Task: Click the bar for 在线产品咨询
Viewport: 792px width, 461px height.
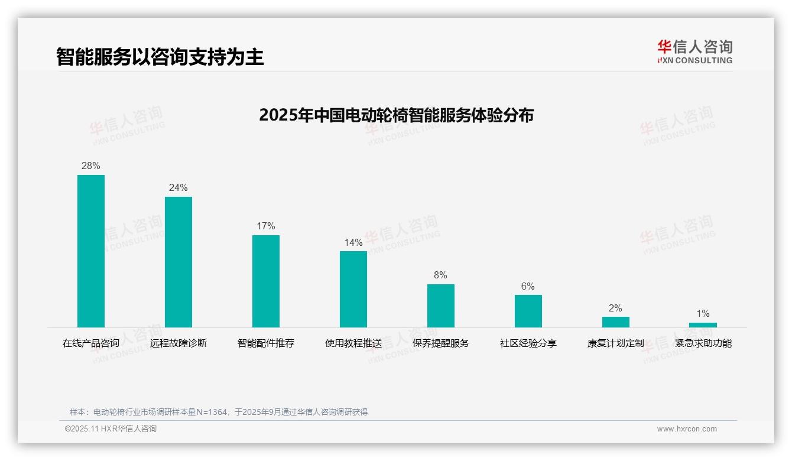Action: point(91,251)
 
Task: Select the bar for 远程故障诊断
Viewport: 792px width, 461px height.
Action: point(178,262)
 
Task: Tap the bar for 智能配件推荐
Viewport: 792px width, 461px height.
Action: point(266,281)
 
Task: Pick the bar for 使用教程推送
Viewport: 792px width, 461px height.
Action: point(353,289)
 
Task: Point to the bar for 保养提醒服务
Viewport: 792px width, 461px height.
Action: point(441,306)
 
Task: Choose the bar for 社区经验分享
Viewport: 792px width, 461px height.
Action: point(528,311)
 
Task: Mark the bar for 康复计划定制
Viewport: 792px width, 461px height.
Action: point(616,322)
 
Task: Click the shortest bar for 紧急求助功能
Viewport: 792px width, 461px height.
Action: point(703,325)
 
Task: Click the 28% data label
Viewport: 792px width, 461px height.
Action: point(91,166)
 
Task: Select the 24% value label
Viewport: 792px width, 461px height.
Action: point(178,188)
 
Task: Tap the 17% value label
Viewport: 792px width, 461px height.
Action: point(266,226)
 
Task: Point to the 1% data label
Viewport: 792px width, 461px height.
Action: point(703,314)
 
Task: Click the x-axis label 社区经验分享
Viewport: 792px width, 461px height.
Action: point(528,343)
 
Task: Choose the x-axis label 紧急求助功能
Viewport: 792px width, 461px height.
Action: point(703,343)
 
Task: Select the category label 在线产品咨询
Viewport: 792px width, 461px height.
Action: point(91,343)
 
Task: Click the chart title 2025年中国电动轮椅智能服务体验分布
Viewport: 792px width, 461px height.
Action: point(396,115)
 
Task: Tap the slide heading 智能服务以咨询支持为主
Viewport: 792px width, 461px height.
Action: point(160,57)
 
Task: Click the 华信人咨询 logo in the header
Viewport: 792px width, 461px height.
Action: point(694,51)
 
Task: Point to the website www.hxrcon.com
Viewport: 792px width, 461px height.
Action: point(687,429)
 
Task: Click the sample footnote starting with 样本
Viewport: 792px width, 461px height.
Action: point(219,412)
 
